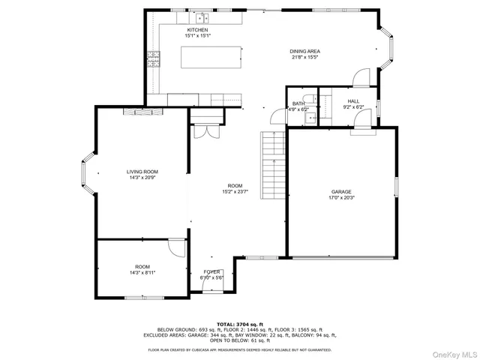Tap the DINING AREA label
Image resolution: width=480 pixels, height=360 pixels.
point(304,51)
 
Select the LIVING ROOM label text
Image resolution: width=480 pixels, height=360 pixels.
point(142,172)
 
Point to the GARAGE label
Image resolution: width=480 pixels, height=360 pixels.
point(341,192)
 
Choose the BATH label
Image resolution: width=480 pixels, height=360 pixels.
point(298,103)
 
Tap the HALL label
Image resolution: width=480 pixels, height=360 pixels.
point(353,101)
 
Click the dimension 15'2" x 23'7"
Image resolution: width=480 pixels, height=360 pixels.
point(235,191)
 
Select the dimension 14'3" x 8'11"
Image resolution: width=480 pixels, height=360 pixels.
point(142,273)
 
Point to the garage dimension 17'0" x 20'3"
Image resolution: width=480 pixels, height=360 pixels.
point(341,198)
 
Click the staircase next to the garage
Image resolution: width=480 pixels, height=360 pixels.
point(274,163)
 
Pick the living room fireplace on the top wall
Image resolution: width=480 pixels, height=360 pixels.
point(139,111)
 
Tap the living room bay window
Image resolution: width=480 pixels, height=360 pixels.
point(88,172)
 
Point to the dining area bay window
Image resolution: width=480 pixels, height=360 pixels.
point(391,49)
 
